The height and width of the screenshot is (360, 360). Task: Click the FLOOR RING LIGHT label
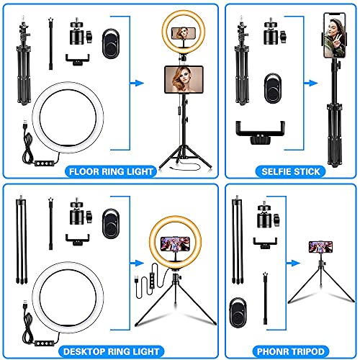click(x=111, y=171)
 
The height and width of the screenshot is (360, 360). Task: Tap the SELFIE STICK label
click(x=291, y=171)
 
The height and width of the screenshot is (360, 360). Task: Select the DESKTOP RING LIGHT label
click(x=111, y=351)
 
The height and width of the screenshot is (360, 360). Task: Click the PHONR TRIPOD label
click(x=291, y=351)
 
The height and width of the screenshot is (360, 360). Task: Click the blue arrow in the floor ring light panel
click(x=137, y=84)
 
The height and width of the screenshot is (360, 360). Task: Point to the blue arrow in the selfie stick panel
click(x=311, y=84)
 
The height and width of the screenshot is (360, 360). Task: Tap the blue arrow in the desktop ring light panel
click(x=137, y=263)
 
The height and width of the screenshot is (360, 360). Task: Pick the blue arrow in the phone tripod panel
click(x=293, y=263)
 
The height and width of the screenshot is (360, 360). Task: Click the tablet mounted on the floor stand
click(x=184, y=79)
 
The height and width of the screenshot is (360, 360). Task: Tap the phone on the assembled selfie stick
click(x=335, y=35)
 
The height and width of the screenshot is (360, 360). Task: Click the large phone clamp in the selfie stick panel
click(x=260, y=132)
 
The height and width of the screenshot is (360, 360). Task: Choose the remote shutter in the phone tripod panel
click(x=238, y=312)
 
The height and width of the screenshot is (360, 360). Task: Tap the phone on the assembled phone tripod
click(x=320, y=247)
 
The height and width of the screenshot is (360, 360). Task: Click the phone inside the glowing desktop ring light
click(x=175, y=244)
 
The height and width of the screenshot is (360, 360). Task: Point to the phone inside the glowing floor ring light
click(x=184, y=33)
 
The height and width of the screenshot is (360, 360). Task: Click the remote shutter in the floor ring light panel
click(x=111, y=44)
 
